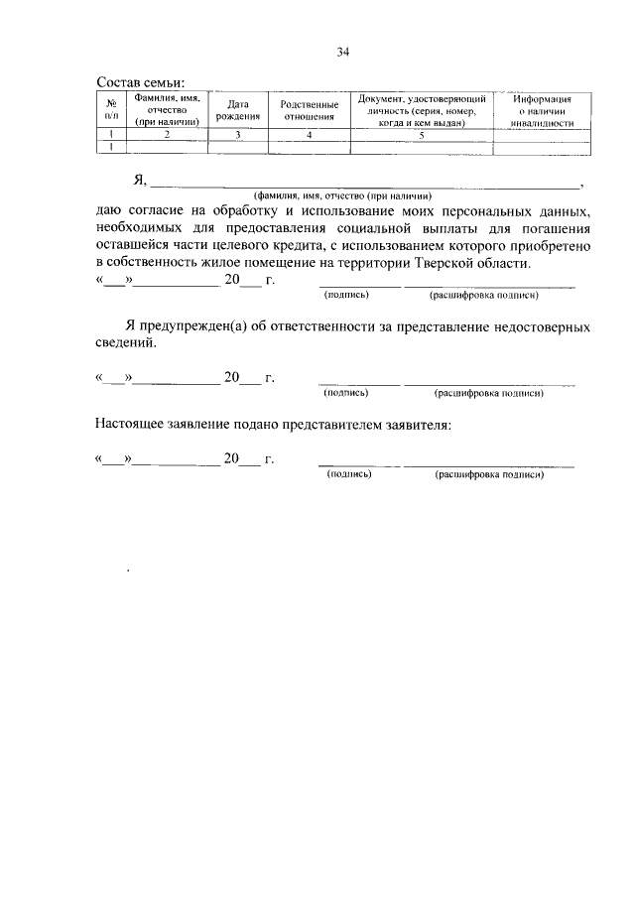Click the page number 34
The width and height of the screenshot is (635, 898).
coord(343,53)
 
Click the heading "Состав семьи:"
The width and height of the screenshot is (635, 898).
coord(140,82)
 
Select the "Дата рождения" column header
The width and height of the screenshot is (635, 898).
coord(237,110)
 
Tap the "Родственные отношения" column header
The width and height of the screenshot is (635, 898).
coord(309,110)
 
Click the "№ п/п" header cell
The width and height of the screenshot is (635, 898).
coord(111,110)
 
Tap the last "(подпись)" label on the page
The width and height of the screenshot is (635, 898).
coord(349,475)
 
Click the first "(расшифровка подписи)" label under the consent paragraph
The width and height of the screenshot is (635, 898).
coord(483,295)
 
